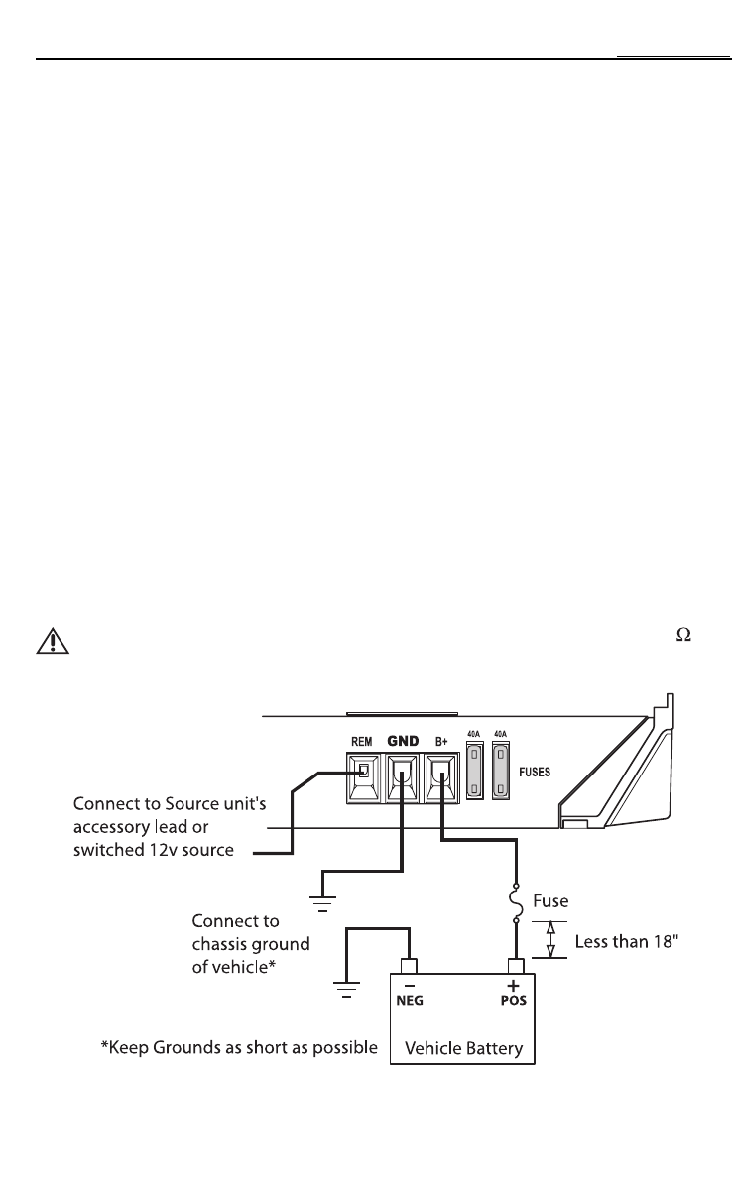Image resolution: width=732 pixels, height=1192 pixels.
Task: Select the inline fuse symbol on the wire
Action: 516,901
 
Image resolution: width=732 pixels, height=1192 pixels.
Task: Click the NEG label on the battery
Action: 410,1000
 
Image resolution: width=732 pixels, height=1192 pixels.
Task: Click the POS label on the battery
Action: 513,1000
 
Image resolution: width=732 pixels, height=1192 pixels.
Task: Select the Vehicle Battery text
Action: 462,1048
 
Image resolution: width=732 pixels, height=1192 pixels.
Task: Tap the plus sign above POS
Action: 514,984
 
